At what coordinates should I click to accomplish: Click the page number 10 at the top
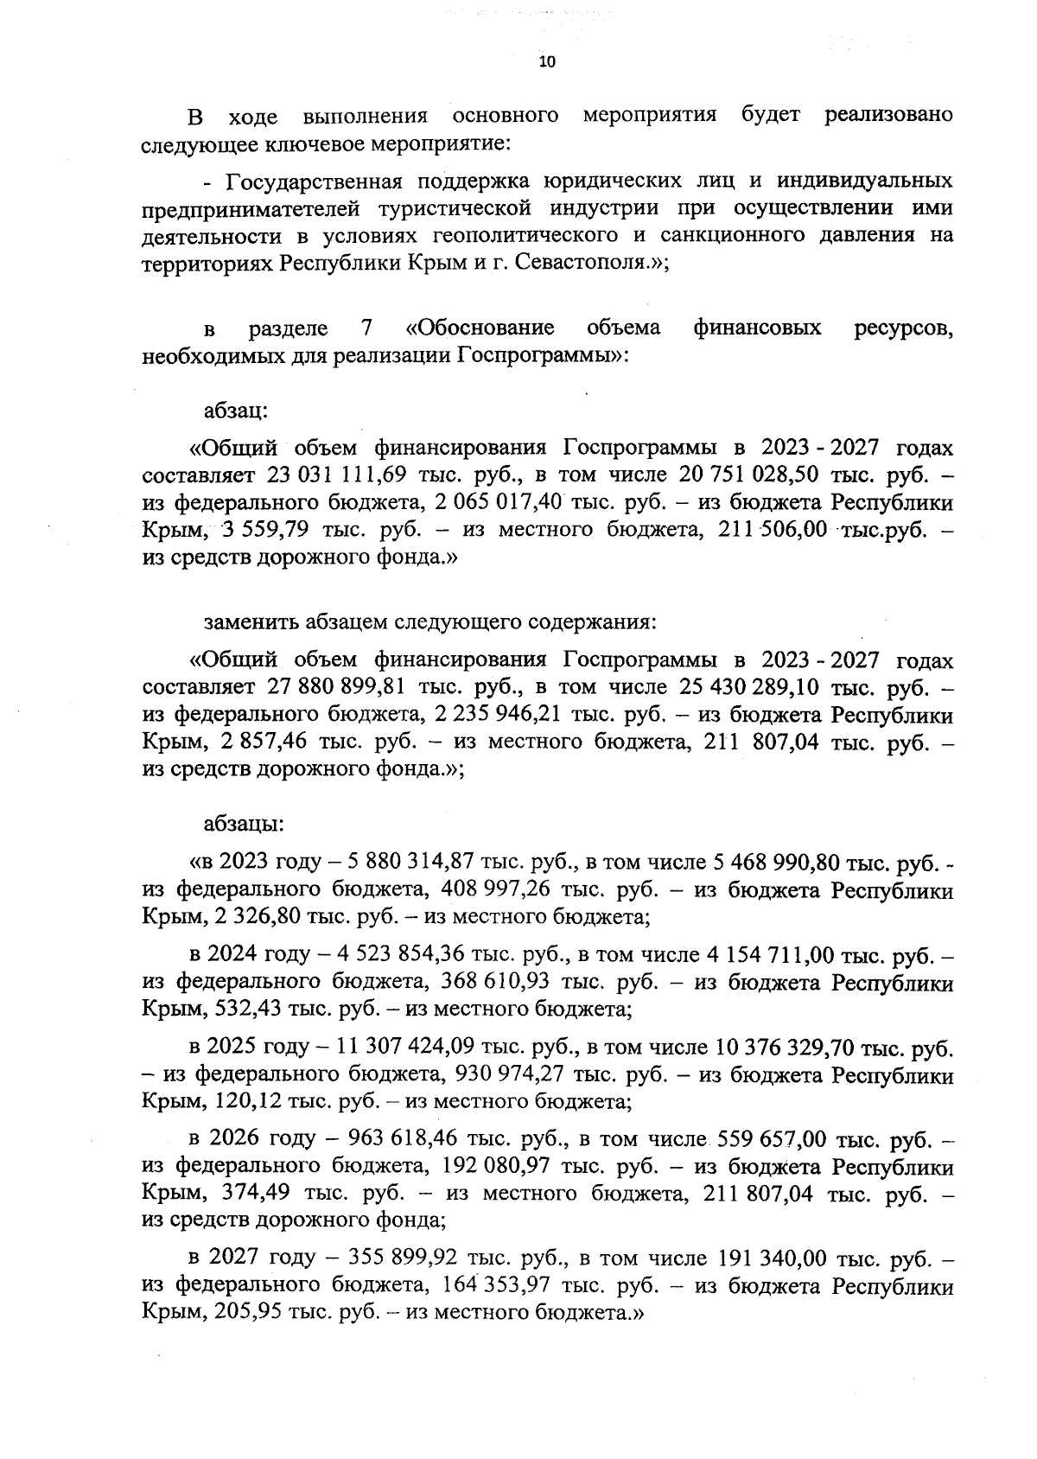coord(546,61)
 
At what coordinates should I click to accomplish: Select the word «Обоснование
coord(480,328)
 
